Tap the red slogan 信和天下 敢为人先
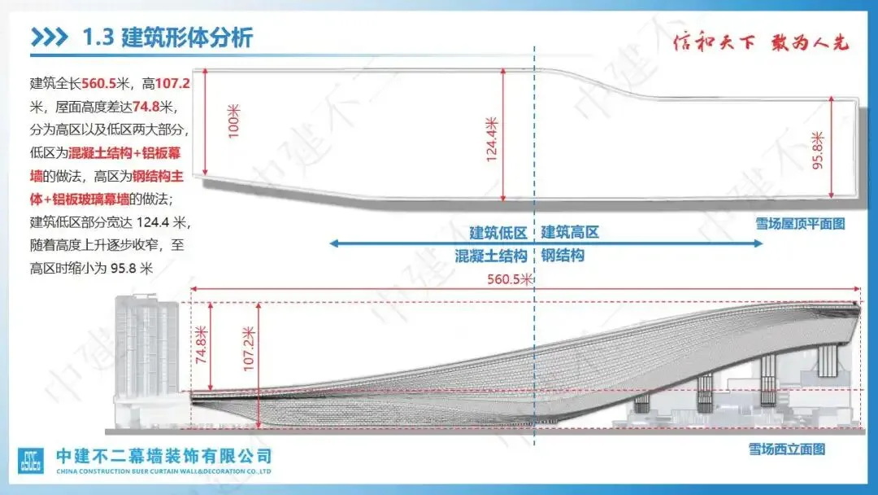point(761,42)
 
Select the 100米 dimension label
point(234,120)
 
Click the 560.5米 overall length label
point(510,278)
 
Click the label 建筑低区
point(498,232)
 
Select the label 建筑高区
point(570,232)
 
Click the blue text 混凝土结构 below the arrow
point(490,256)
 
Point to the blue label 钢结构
point(563,256)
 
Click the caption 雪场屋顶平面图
point(799,222)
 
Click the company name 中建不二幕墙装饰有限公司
point(163,456)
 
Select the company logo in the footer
point(32,461)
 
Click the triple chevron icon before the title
point(50,37)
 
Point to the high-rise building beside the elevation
point(149,350)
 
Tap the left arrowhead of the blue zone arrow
point(335,243)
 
